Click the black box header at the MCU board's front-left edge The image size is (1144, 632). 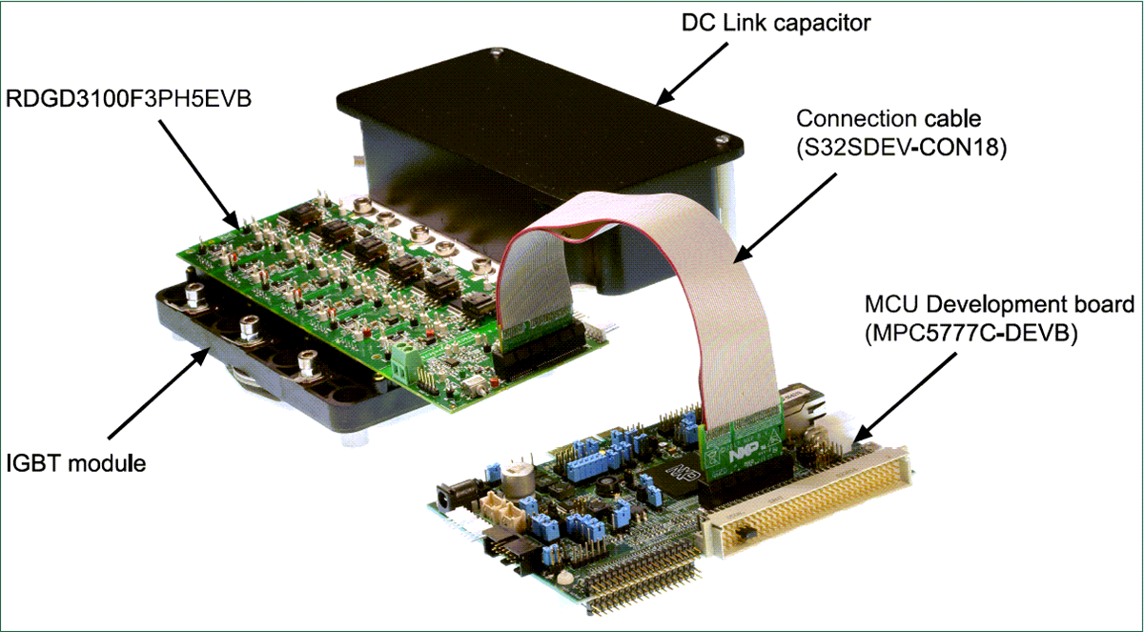pyautogui.click(x=507, y=547)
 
